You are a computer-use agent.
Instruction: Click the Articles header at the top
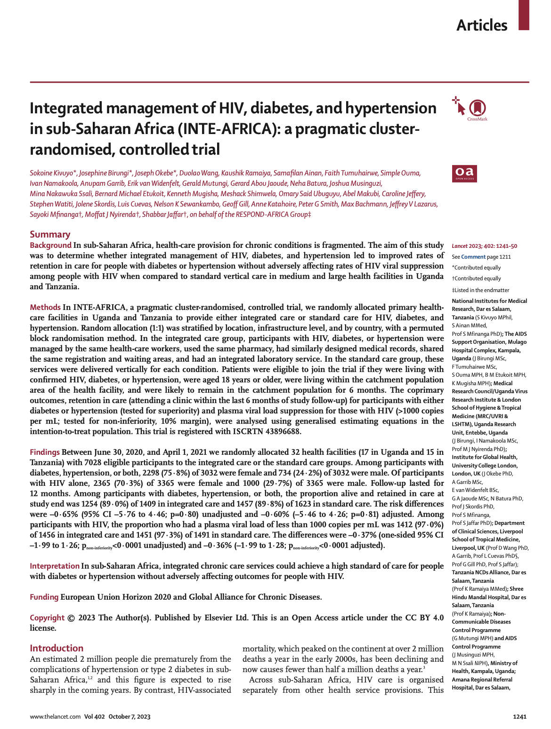click(482, 25)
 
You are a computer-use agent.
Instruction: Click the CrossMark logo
click(477, 109)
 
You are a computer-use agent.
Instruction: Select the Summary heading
click(50, 234)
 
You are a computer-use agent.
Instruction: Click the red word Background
click(50, 245)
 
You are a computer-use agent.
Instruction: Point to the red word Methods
click(45, 307)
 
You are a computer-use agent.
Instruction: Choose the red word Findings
click(45, 452)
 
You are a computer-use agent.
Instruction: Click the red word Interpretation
click(55, 566)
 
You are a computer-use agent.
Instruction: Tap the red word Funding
click(44, 597)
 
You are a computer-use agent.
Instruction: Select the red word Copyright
click(47, 618)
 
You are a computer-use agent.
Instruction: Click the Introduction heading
click(57, 648)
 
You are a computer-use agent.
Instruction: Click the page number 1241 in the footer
click(519, 717)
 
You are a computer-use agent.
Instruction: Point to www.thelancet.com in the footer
click(55, 717)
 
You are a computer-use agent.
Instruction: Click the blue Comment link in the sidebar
click(473, 257)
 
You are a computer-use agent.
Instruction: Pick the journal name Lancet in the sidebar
click(460, 246)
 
